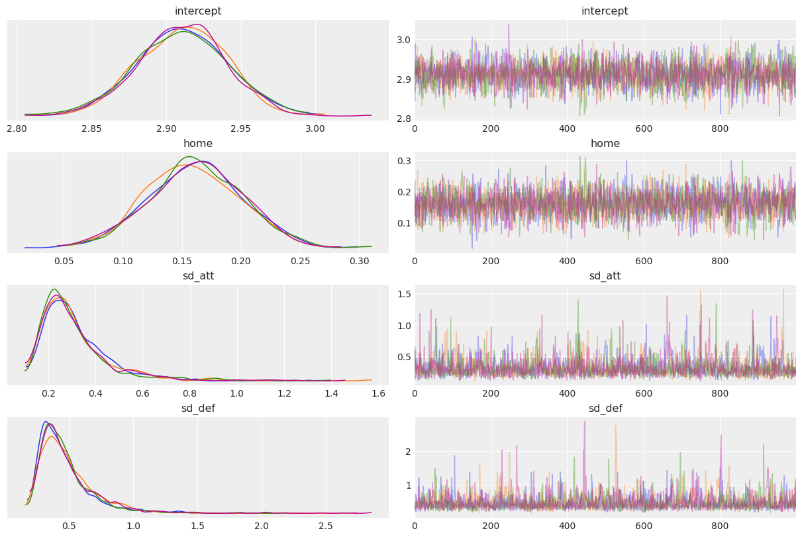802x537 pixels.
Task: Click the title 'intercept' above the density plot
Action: pos(198,11)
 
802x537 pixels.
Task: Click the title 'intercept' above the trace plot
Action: pos(605,11)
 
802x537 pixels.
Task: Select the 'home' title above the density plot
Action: pos(198,144)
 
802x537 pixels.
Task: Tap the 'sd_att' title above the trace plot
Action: pos(605,276)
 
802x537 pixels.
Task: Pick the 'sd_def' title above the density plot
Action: pos(198,409)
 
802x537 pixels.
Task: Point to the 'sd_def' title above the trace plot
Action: pos(605,409)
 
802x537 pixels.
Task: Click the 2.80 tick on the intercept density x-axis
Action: pos(17,128)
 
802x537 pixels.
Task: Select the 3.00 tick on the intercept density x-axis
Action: pos(315,128)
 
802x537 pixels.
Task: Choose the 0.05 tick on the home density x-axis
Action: pos(64,260)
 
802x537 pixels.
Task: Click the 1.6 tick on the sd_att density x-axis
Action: pos(379,393)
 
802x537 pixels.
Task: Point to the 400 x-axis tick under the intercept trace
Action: pos(567,128)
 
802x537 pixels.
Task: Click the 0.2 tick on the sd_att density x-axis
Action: pos(48,393)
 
